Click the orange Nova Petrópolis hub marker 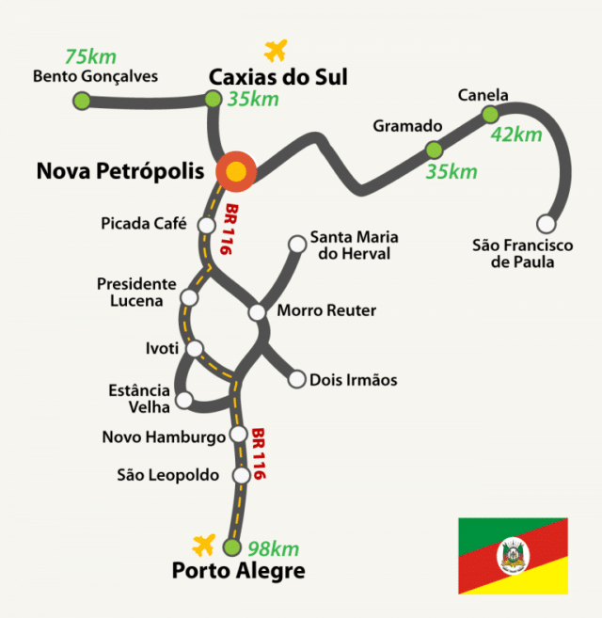point(234,171)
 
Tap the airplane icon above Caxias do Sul point(276,49)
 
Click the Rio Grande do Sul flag point(513,555)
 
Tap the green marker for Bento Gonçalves point(82,100)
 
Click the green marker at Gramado point(433,149)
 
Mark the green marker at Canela point(489,114)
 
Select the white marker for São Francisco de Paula point(545,224)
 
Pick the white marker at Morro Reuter point(257,312)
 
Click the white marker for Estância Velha point(185,400)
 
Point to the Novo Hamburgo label point(164,436)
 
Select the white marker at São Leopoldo point(241,475)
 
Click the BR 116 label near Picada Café point(226,230)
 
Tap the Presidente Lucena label point(136,292)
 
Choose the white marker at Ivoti point(195,348)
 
